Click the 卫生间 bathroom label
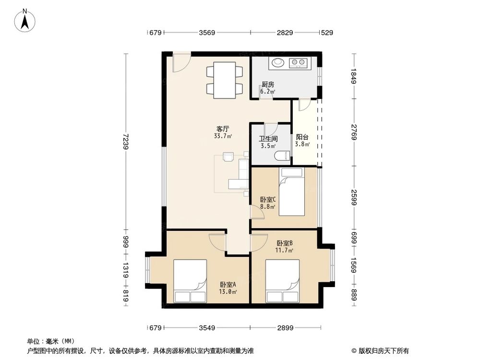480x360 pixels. (268, 139)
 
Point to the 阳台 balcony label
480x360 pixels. (302, 136)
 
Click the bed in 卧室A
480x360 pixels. (190, 281)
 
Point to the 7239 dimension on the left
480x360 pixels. (126, 142)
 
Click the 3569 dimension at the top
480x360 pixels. (207, 33)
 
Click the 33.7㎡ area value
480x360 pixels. (223, 136)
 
